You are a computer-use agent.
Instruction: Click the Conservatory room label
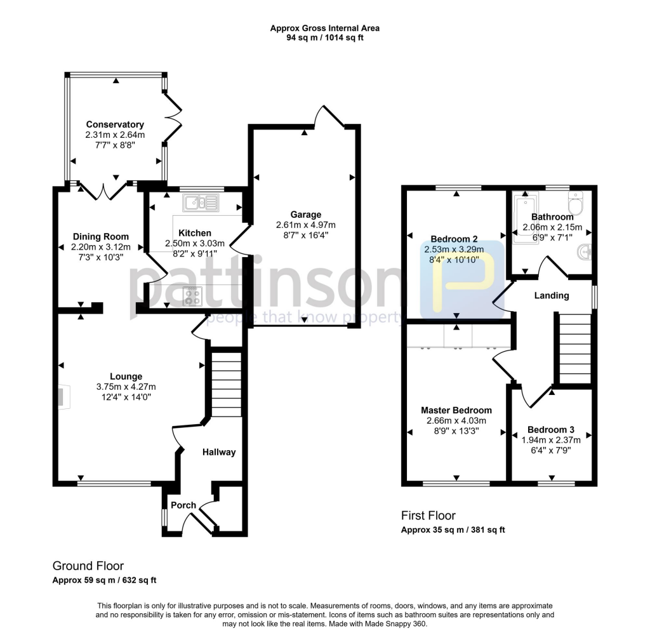click(x=115, y=124)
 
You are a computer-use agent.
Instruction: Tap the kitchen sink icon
click(x=200, y=203)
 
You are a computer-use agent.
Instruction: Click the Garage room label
click(x=306, y=215)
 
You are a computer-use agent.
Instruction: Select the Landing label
click(x=551, y=295)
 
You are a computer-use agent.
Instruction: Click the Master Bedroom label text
click(x=456, y=410)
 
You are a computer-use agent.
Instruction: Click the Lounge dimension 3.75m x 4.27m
click(x=126, y=387)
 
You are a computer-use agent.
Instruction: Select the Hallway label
click(x=219, y=452)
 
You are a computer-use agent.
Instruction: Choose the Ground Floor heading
click(x=88, y=566)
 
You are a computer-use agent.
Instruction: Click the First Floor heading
click(x=428, y=516)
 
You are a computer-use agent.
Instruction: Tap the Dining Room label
click(x=100, y=237)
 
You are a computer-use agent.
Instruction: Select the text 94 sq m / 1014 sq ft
click(x=325, y=37)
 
